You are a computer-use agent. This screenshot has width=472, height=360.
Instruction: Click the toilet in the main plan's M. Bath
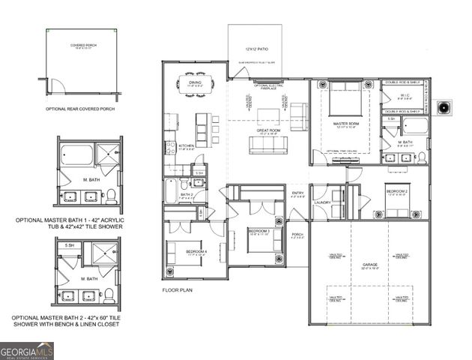coord(421,157)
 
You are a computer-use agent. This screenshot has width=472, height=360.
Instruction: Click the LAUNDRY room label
coord(323,202)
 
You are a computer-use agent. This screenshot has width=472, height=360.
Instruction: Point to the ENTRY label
coord(297,193)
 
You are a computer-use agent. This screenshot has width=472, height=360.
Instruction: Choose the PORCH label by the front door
coord(297,235)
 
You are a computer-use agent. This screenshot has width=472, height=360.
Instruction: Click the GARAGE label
coord(369,265)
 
